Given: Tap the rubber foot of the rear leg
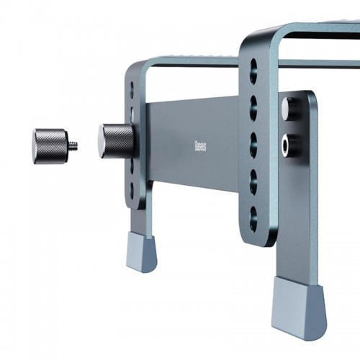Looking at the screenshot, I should tap(142, 251).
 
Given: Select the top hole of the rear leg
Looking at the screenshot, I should tap(132, 88).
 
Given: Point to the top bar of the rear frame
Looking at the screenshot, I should tap(194, 63).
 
